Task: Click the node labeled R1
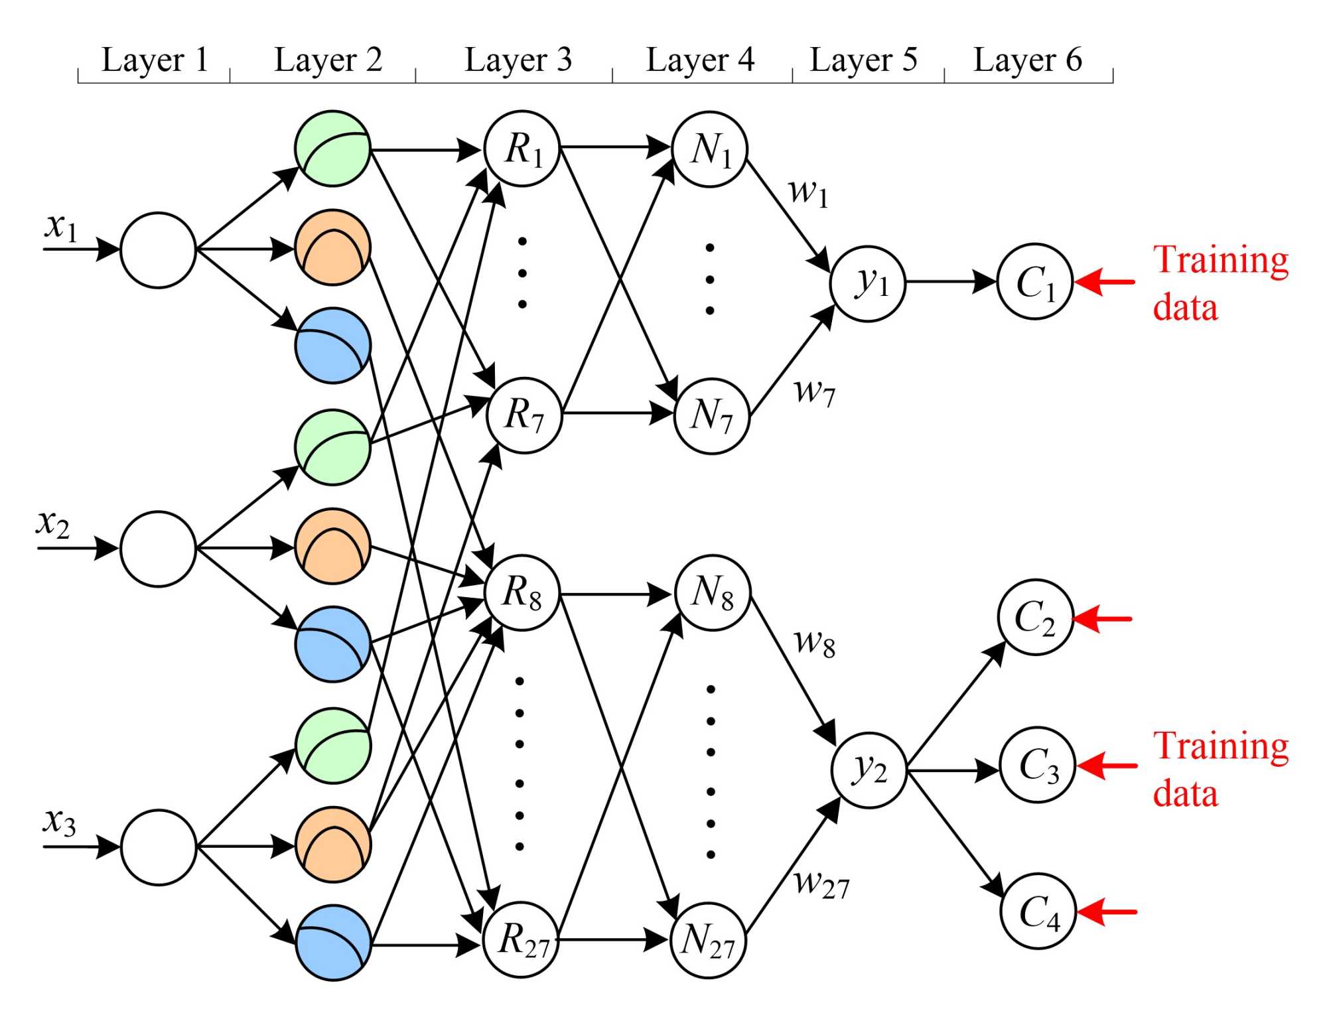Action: click(522, 149)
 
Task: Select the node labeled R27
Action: click(522, 939)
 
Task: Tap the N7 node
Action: click(711, 416)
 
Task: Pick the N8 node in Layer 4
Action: click(713, 592)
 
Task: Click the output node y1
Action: click(868, 283)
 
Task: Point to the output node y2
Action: click(869, 770)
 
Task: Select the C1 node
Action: click(1035, 282)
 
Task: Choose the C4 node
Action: click(1038, 911)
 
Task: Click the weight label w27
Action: click(821, 884)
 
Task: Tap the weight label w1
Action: click(808, 192)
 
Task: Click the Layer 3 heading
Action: click(518, 60)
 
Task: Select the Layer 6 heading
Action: click(1027, 60)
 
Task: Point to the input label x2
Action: click(52, 523)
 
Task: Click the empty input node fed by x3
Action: click(159, 847)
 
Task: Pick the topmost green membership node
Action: click(332, 149)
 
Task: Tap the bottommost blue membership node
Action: click(332, 943)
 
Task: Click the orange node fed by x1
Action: click(332, 248)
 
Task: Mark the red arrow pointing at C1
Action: click(1105, 282)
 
